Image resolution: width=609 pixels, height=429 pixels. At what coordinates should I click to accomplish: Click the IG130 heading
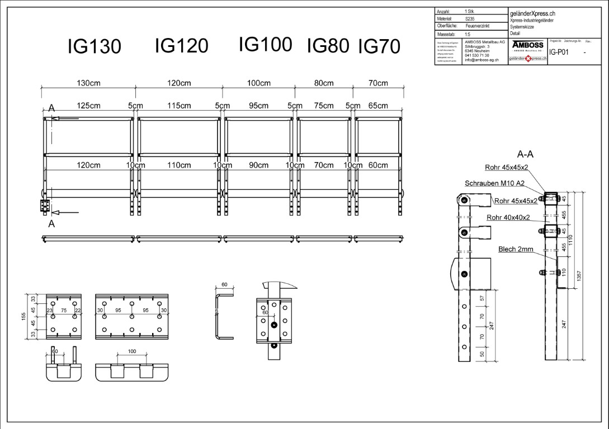pyautogui.click(x=94, y=47)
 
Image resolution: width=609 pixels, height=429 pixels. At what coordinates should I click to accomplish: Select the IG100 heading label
pyautogui.click(x=265, y=44)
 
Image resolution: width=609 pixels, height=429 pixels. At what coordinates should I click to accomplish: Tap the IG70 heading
pyautogui.click(x=379, y=46)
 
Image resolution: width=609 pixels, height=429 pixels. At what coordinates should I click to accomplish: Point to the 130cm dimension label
pyautogui.click(x=88, y=83)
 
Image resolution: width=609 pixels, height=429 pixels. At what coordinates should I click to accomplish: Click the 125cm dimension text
pyautogui.click(x=88, y=106)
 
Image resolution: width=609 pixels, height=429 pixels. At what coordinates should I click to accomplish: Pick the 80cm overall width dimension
pyautogui.click(x=324, y=83)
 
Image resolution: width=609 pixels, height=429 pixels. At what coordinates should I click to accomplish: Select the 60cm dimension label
pyautogui.click(x=379, y=165)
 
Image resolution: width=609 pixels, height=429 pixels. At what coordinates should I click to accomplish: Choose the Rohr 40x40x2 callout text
pyautogui.click(x=508, y=217)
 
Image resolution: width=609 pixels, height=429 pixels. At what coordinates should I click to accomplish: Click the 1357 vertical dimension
pyautogui.click(x=579, y=275)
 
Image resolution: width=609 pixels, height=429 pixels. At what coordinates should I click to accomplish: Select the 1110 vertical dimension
pyautogui.click(x=570, y=240)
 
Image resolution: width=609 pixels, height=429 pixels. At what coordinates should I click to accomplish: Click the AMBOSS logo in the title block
pyautogui.click(x=527, y=45)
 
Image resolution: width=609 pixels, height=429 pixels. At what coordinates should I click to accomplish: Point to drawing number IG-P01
pyautogui.click(x=559, y=53)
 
